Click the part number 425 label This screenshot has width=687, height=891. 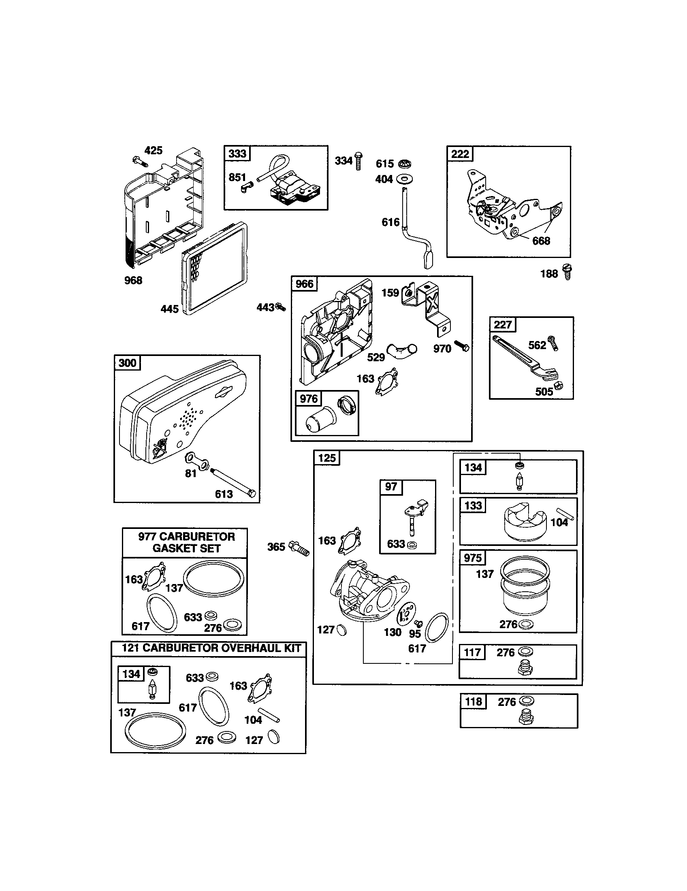[x=154, y=151]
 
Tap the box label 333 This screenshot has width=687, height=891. [x=237, y=153]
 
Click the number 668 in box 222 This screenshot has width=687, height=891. [x=541, y=241]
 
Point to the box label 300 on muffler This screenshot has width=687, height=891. [x=127, y=363]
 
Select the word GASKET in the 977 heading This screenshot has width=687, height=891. [x=170, y=548]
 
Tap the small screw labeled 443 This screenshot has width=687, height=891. [x=280, y=307]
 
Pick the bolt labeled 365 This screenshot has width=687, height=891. [x=300, y=548]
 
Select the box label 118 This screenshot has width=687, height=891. [x=473, y=701]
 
